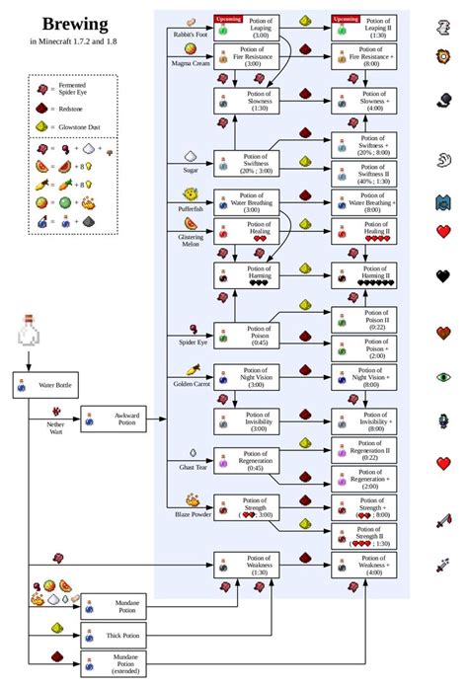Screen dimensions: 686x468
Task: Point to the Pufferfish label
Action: point(191,210)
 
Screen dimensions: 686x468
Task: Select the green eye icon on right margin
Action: point(443,377)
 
